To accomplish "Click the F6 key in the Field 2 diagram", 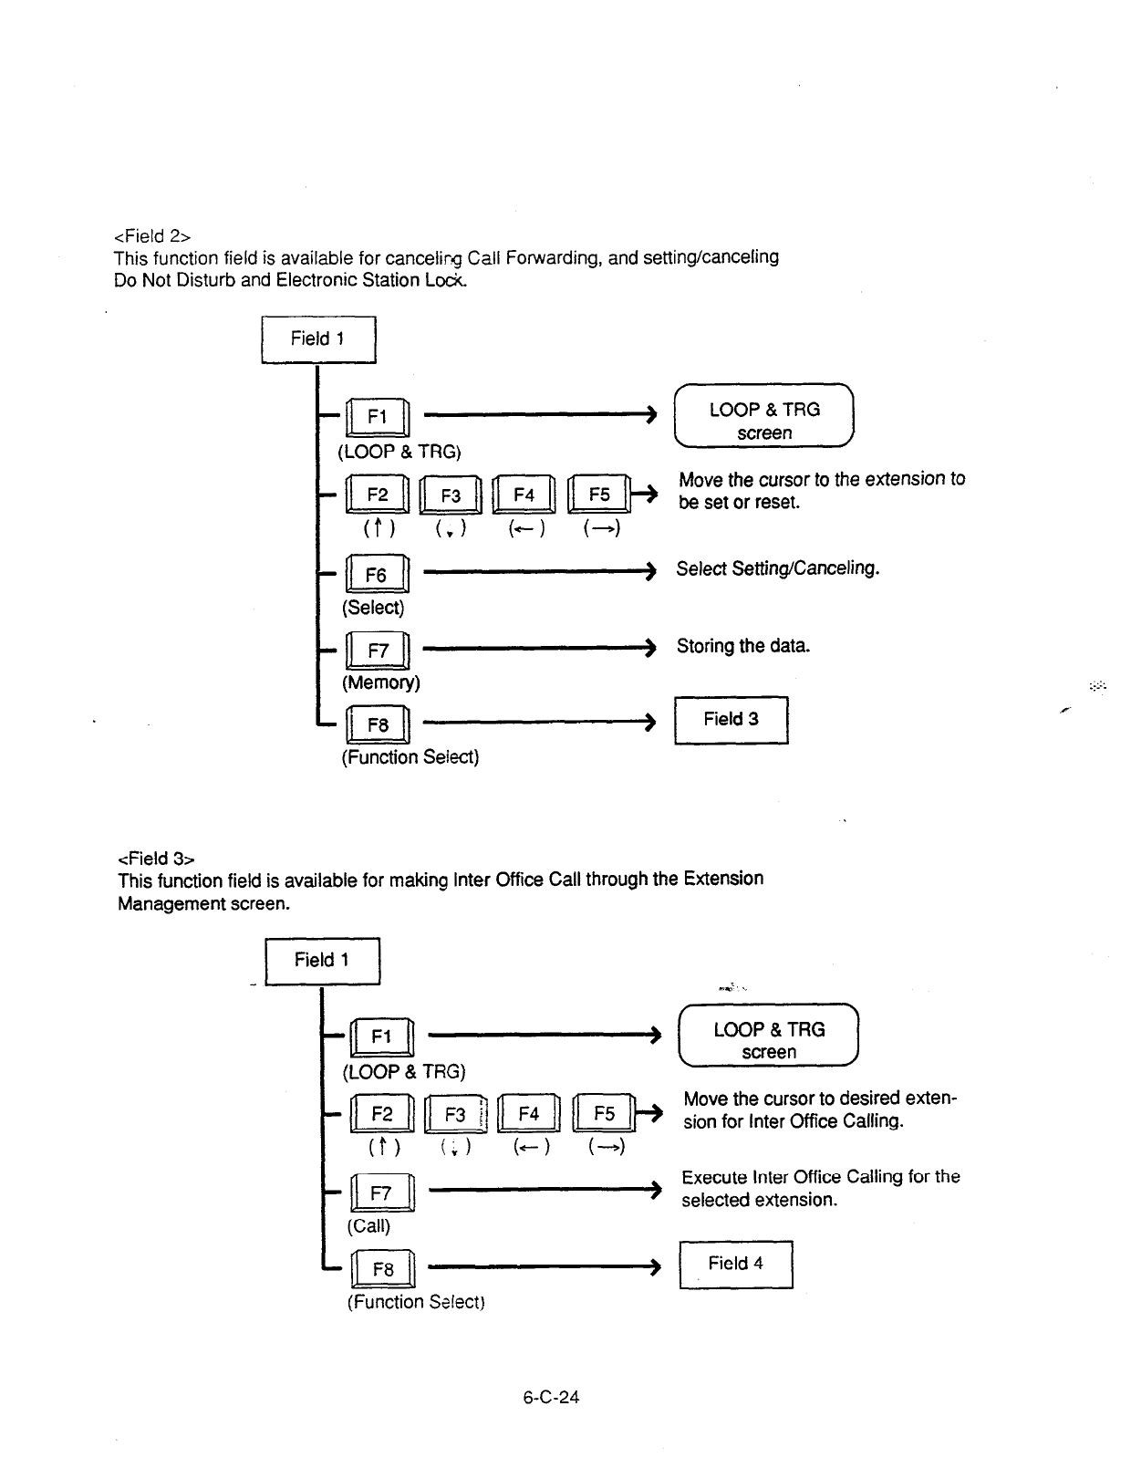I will pos(377,574).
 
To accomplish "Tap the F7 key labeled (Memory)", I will pos(379,651).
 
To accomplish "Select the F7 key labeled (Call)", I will pos(381,1193).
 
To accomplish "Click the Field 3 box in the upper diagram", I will pos(731,720).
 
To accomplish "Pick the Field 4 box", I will pos(736,1264).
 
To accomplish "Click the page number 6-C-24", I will pos(552,1397).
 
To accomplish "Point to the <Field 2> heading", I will pos(152,235).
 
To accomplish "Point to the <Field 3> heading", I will pos(156,859).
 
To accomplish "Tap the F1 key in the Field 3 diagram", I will pos(381,1036).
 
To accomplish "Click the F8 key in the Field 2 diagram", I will pos(379,725).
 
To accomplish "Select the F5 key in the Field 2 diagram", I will pos(599,495).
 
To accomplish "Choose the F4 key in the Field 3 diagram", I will pos(529,1113).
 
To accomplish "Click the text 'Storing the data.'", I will pos(743,646).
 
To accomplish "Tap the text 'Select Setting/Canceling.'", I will pos(777,568).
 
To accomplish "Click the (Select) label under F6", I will pos(373,608).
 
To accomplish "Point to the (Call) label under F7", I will pos(368,1225).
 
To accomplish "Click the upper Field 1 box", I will pos(318,339).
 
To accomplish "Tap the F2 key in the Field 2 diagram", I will pos(378,495).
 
